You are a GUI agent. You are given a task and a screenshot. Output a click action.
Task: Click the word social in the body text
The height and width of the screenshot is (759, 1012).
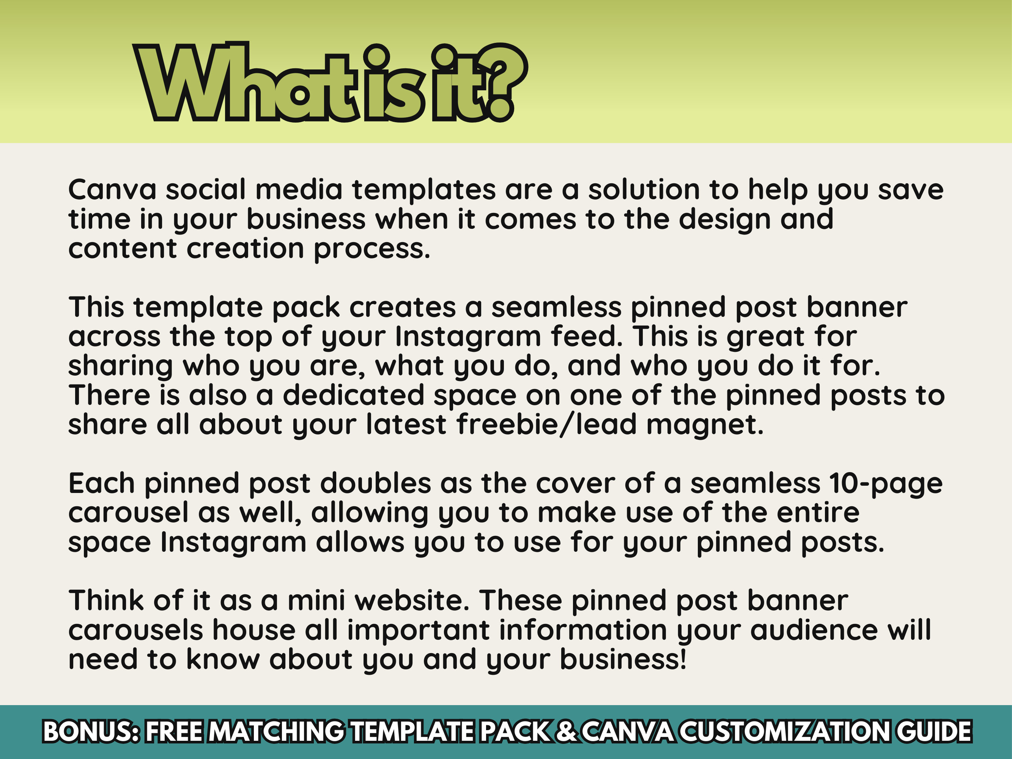point(205,189)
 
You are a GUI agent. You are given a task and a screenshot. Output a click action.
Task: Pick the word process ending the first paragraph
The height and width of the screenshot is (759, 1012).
point(371,249)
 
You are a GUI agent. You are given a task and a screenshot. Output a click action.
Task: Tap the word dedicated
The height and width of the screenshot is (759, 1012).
point(353,395)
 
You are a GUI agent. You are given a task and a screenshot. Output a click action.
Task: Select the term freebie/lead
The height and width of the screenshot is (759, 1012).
point(546,425)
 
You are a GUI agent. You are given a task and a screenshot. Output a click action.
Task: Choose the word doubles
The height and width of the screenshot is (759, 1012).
point(375,483)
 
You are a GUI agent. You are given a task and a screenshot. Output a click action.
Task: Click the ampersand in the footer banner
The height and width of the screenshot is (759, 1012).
point(567,731)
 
